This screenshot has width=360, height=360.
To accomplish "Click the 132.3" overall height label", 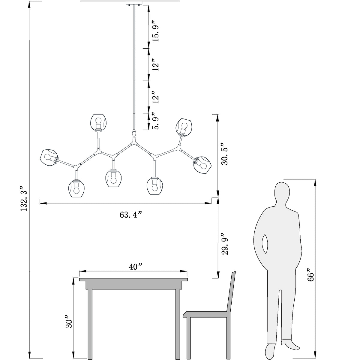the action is click(x=24, y=199).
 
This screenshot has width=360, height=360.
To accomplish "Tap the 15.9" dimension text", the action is click(x=155, y=31).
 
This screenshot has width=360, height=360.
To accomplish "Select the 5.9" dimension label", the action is click(x=155, y=121).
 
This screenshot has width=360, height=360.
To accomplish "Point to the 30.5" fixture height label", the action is click(x=225, y=154).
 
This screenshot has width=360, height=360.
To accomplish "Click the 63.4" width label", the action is click(x=131, y=215).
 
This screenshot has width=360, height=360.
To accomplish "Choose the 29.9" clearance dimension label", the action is click(x=225, y=244).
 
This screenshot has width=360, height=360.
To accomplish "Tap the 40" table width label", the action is click(x=136, y=267).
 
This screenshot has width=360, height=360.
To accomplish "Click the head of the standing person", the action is click(x=282, y=194).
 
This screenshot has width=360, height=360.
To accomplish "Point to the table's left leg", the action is click(x=90, y=324).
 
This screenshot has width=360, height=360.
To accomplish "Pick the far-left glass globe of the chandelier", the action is click(x=49, y=157).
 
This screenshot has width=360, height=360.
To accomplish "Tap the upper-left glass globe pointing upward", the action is click(x=98, y=122).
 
